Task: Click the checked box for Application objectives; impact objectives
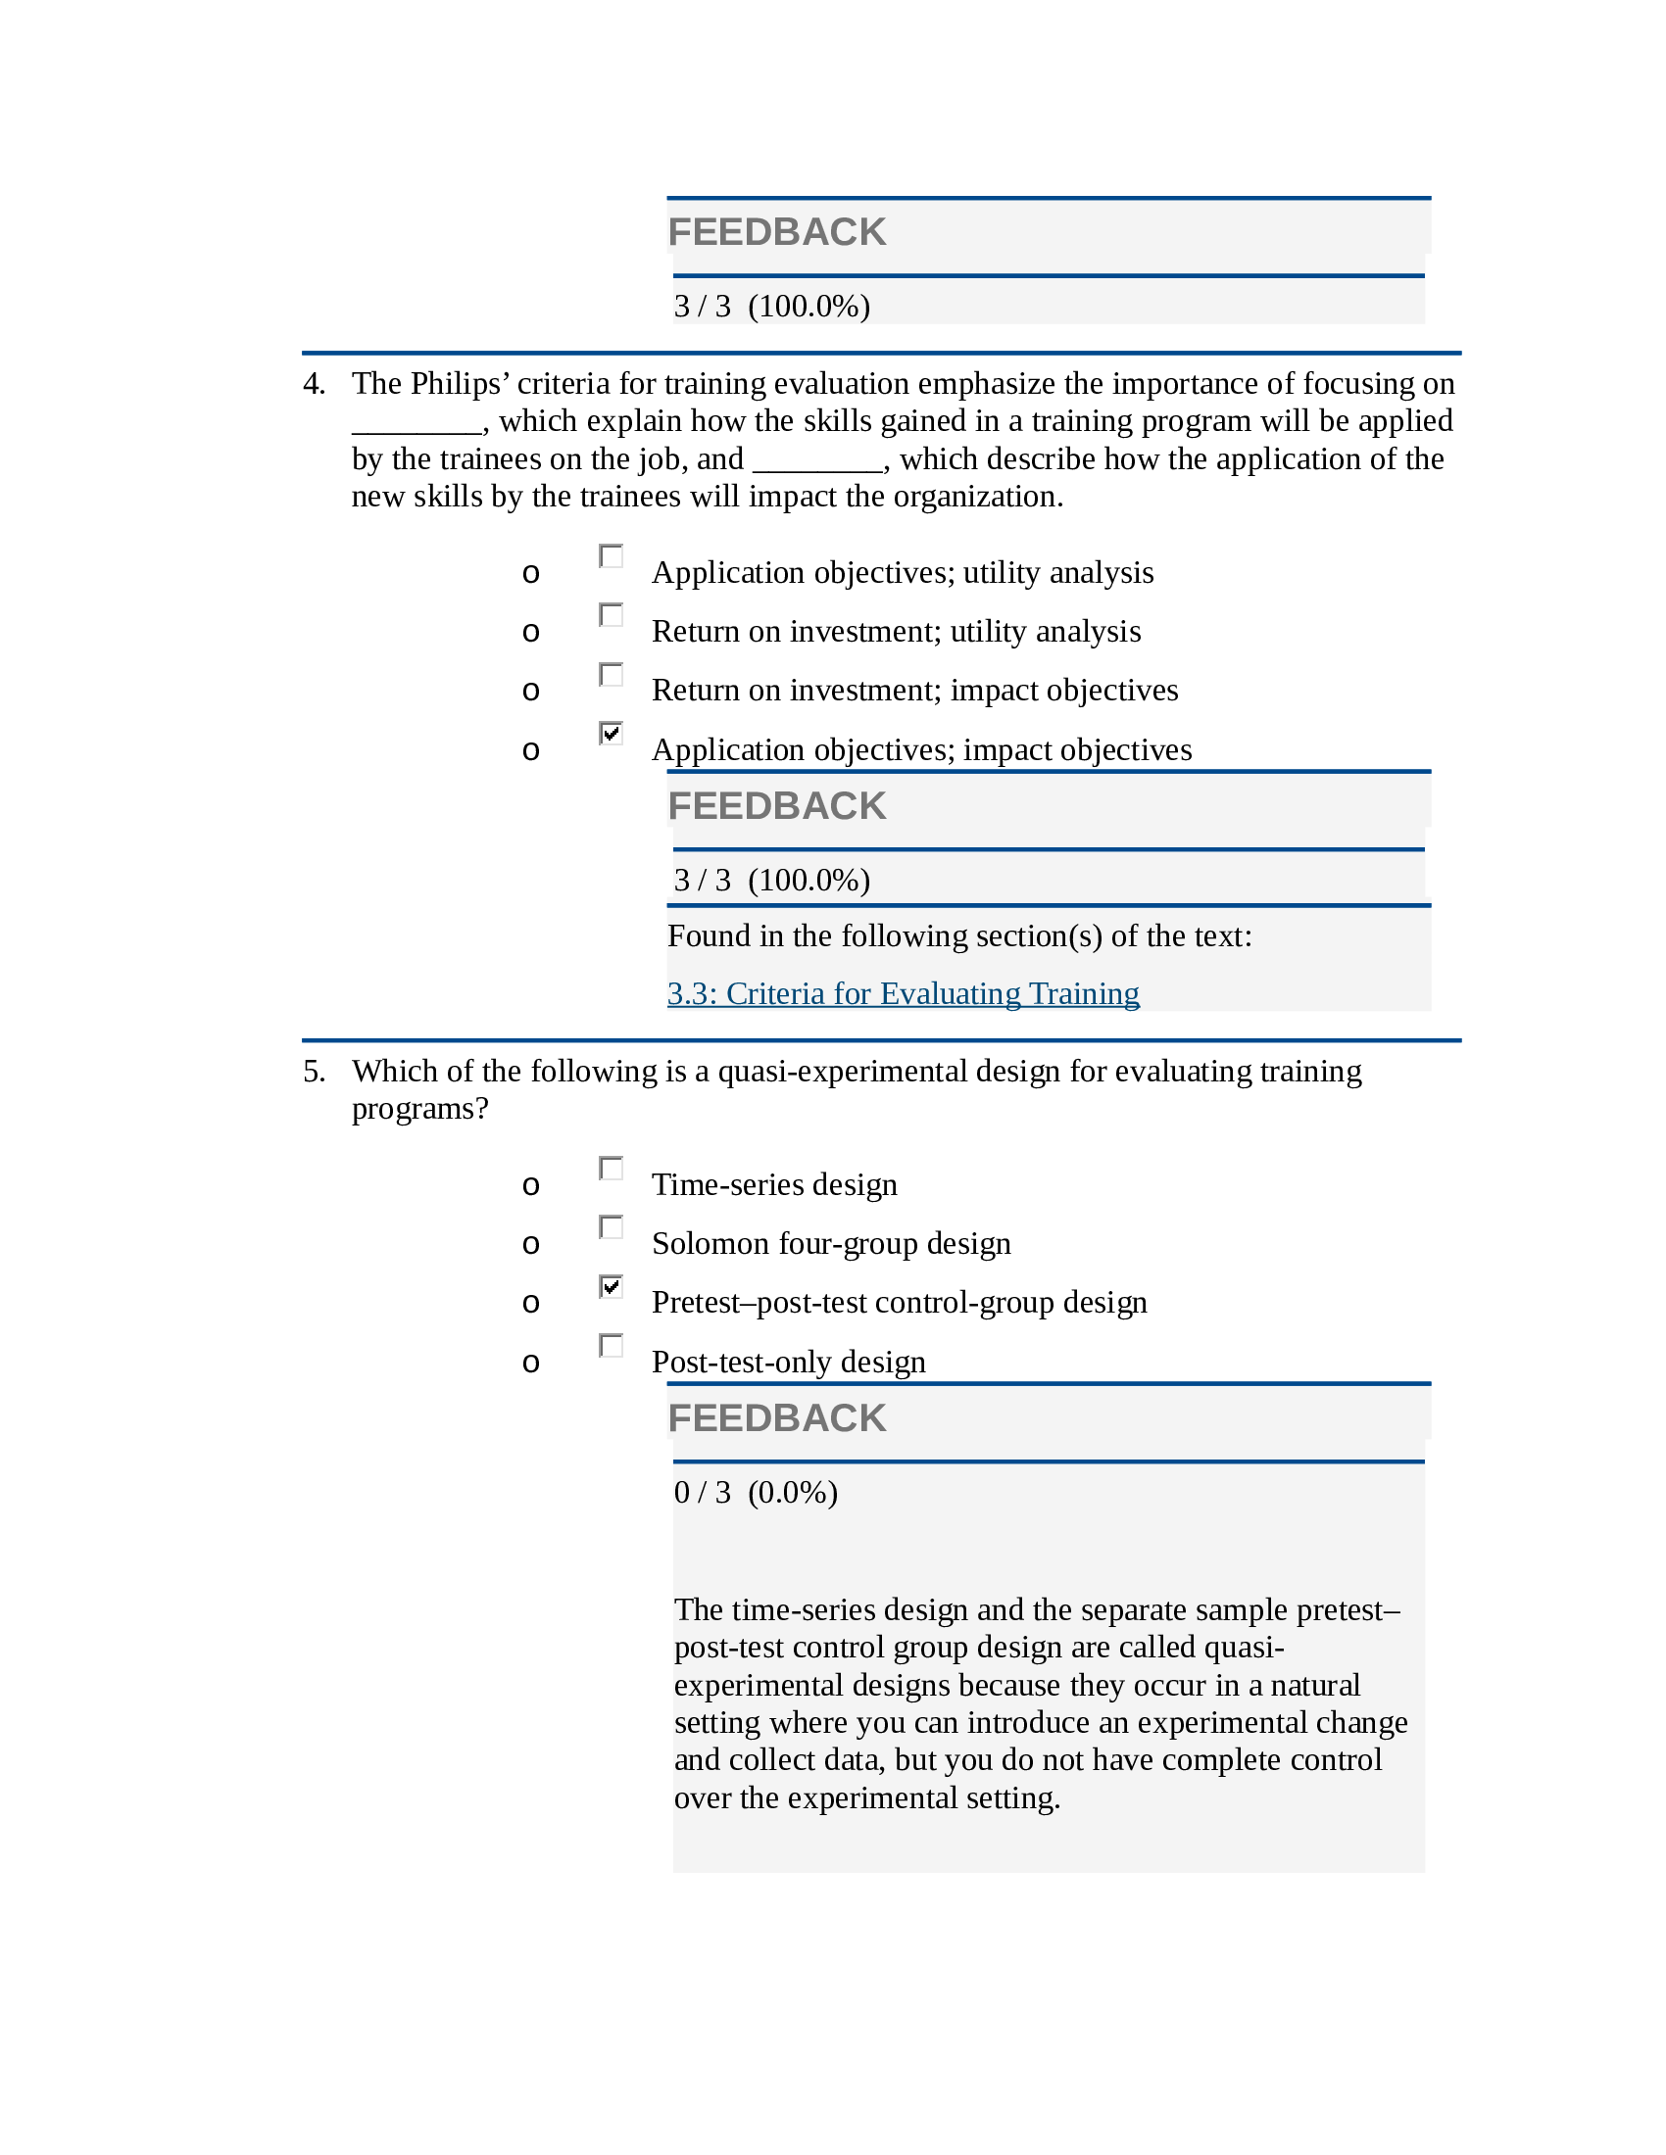click(x=611, y=733)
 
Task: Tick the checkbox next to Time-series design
click(x=611, y=1169)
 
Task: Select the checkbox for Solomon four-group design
click(x=611, y=1227)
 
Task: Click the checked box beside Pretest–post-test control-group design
click(x=611, y=1287)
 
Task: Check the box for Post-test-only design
click(x=611, y=1346)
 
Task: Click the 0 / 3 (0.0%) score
click(x=755, y=1492)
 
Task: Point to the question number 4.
click(x=314, y=384)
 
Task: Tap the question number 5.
click(x=314, y=1072)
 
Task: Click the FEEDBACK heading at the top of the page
click(x=777, y=232)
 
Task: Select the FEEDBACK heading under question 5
click(x=777, y=1418)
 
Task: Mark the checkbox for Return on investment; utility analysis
click(x=611, y=615)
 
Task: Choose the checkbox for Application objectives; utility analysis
click(x=611, y=556)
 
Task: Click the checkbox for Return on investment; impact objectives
click(x=611, y=674)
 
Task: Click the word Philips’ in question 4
click(x=460, y=384)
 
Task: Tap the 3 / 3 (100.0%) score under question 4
click(x=771, y=881)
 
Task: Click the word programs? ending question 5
click(x=419, y=1109)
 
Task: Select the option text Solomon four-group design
click(x=830, y=1243)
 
